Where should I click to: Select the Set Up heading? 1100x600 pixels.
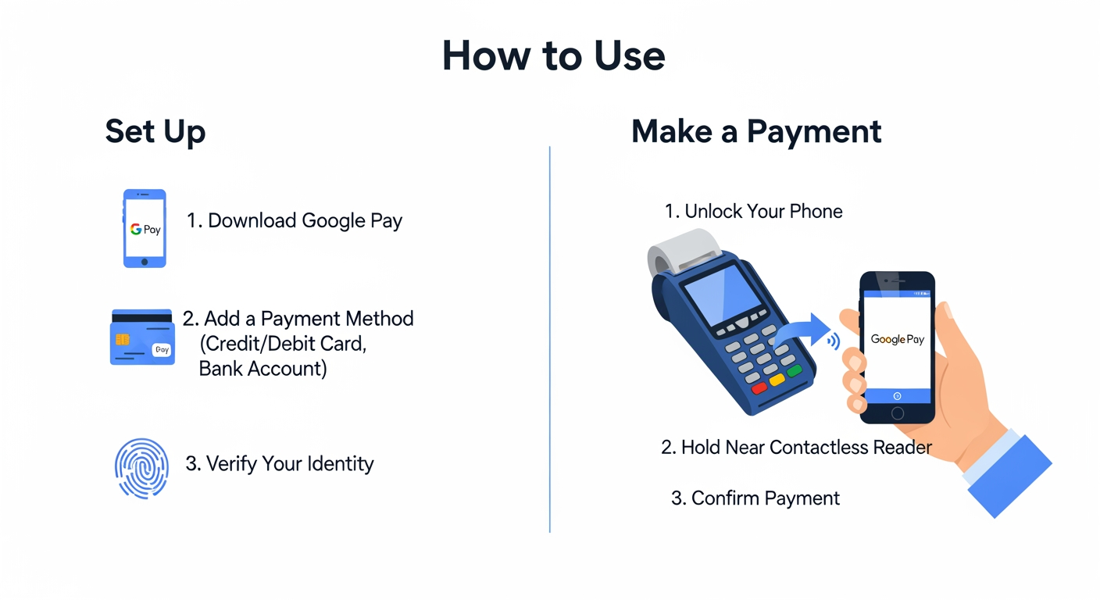[x=155, y=131]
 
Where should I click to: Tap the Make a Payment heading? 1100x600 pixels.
[x=755, y=131]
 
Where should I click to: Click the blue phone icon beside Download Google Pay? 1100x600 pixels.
[x=145, y=228]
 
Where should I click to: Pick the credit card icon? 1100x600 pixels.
[x=141, y=337]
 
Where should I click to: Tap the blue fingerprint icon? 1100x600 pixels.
[x=141, y=468]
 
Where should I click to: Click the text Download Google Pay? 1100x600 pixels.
[x=295, y=221]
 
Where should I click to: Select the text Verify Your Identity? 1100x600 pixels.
[x=280, y=464]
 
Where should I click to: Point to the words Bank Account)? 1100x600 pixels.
[x=262, y=369]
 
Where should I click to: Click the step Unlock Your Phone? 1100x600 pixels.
[x=753, y=212]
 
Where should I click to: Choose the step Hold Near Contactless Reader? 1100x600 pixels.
[x=796, y=448]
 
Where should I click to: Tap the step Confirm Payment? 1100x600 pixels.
[x=755, y=498]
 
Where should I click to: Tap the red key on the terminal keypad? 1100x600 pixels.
[x=759, y=388]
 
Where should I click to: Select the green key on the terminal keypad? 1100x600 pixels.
[x=794, y=371]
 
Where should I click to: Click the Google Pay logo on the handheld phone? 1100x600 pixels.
[x=897, y=340]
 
